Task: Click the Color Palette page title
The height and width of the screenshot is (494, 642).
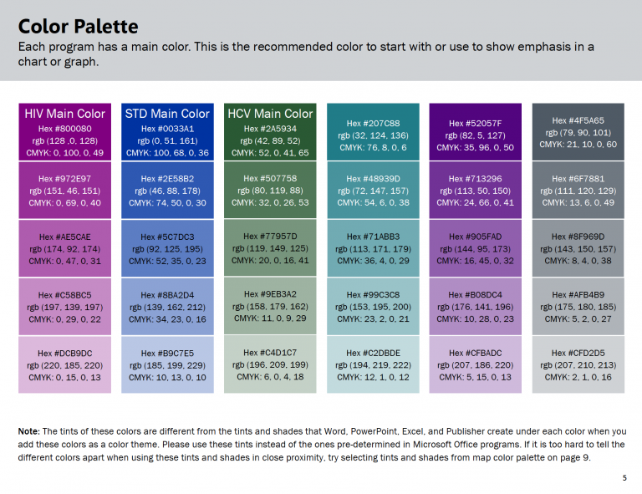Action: (x=79, y=27)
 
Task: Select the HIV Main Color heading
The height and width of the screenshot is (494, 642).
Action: (x=65, y=114)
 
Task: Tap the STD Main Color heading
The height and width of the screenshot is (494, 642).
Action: (x=167, y=114)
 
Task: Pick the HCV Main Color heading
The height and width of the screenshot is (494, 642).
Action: (x=270, y=114)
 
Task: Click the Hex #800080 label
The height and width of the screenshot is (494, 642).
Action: (x=65, y=129)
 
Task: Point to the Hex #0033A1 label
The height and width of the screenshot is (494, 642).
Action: (x=167, y=129)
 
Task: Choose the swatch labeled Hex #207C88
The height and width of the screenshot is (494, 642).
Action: (x=374, y=132)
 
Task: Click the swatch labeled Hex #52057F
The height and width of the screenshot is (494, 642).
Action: (x=475, y=132)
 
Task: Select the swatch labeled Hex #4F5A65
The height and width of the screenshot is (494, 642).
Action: (x=578, y=132)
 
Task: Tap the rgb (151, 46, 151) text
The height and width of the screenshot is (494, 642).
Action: (x=65, y=191)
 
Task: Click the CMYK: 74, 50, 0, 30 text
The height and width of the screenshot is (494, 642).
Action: (x=167, y=203)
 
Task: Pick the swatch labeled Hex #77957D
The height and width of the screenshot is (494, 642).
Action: (x=270, y=248)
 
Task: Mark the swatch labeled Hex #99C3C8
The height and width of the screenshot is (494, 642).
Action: (x=374, y=306)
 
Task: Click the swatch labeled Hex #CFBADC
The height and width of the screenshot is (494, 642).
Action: (x=475, y=364)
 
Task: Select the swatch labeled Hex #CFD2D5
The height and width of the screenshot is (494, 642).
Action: (x=578, y=364)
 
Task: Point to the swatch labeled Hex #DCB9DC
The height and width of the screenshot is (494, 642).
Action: (x=65, y=364)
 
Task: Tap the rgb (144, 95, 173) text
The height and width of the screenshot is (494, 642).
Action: (x=475, y=249)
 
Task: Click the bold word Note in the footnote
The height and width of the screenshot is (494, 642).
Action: (x=28, y=430)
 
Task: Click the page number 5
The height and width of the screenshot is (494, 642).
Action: (x=624, y=478)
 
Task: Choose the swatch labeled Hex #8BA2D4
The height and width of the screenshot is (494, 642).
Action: (x=167, y=306)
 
